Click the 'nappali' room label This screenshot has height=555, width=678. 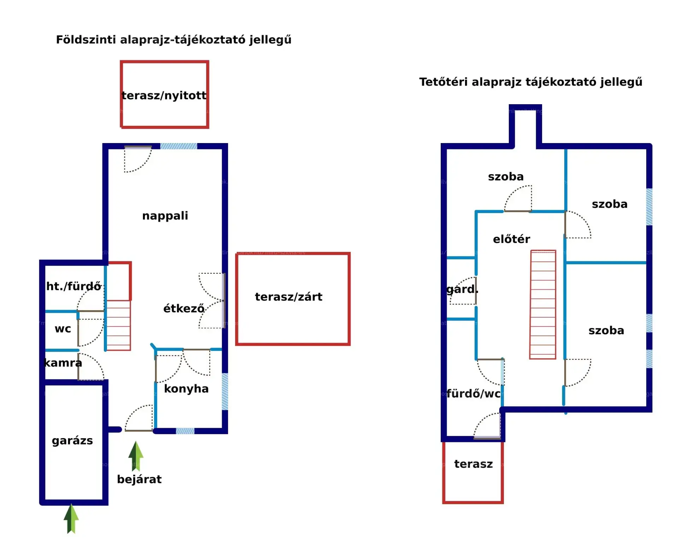point(165,215)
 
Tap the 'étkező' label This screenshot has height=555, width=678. point(184,308)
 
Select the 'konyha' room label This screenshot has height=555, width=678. point(186,389)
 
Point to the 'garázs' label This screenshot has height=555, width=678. point(72,441)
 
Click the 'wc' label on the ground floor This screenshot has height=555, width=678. point(63,329)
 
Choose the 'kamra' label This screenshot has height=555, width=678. point(63,363)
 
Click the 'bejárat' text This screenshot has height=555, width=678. point(139,479)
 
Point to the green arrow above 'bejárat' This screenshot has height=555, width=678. point(136,456)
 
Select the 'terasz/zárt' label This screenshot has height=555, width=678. point(289,297)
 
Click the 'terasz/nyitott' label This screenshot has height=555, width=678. point(164,95)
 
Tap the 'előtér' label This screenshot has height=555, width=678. point(511,239)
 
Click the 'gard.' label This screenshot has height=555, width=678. point(462,289)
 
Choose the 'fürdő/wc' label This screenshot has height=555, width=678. point(474,394)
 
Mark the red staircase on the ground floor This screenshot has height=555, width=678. point(119,325)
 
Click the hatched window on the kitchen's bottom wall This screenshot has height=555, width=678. point(185,431)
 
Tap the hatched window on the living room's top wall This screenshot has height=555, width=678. point(179,146)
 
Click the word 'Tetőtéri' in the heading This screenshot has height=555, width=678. point(443,82)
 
